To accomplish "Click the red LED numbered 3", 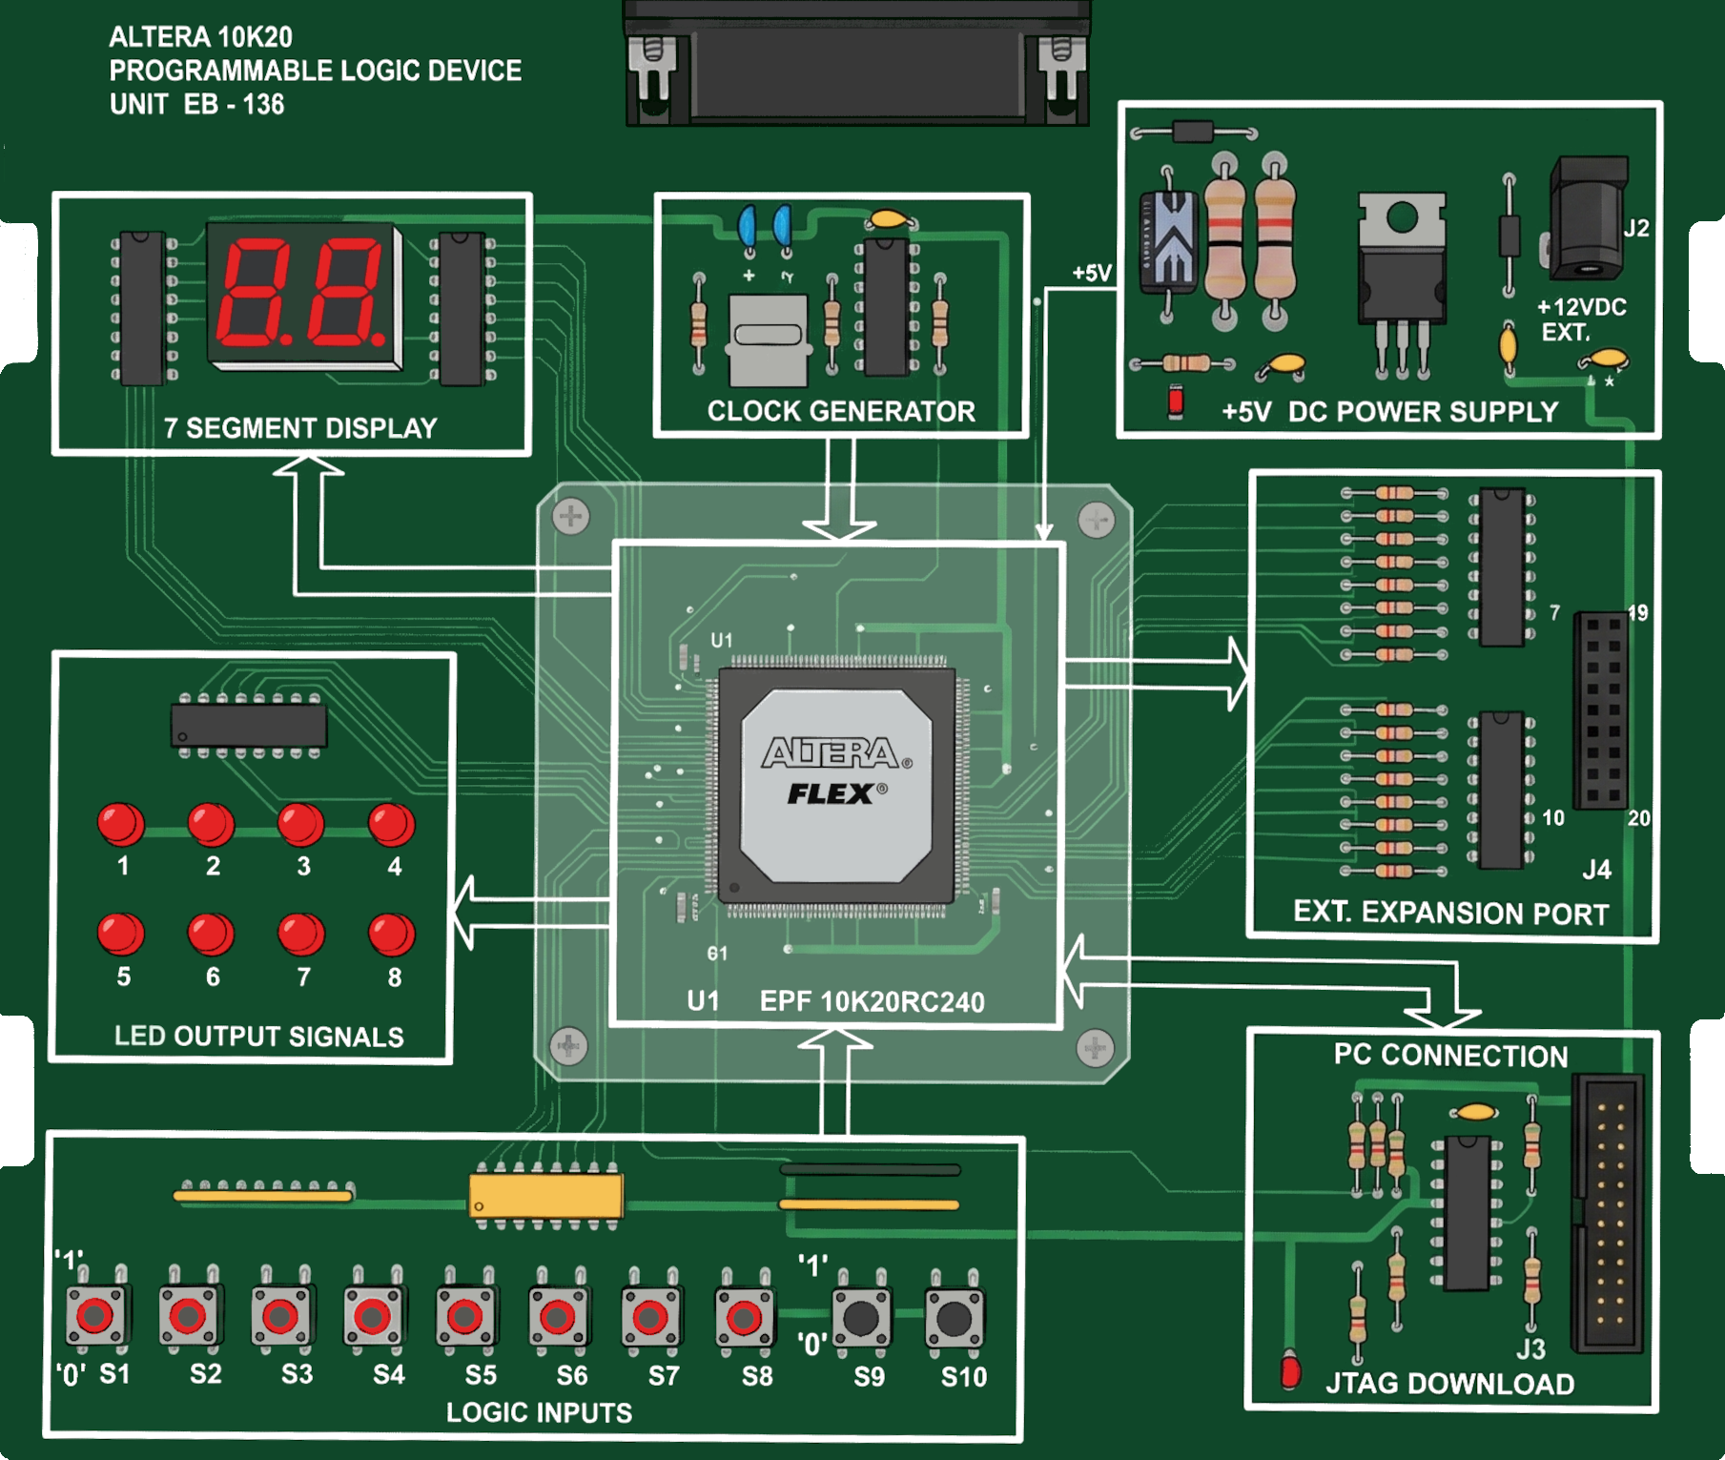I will (x=301, y=824).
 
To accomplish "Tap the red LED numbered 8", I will (x=392, y=935).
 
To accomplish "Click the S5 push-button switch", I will (x=465, y=1317).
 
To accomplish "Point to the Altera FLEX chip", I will (x=836, y=784).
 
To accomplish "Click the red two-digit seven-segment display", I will (x=304, y=295).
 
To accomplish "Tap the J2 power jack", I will (x=1587, y=219).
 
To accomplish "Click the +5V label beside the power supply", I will (x=1091, y=274).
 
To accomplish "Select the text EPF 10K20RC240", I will (x=872, y=1002).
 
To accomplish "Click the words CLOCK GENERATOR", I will (x=841, y=411).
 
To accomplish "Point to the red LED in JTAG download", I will (x=1291, y=1370).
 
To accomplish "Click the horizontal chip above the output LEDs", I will (x=249, y=726).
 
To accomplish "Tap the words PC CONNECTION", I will (x=1450, y=1056).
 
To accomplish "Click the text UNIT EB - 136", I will (x=197, y=104).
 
